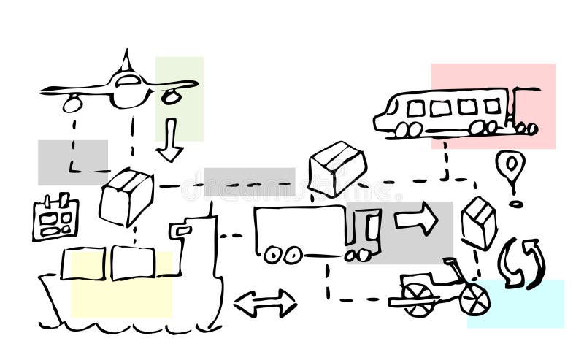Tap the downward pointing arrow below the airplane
[169, 142]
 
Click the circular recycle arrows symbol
[521, 262]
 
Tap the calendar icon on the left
[55, 217]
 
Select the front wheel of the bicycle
[474, 299]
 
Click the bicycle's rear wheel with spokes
[418, 299]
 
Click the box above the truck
[337, 167]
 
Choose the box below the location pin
[479, 222]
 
